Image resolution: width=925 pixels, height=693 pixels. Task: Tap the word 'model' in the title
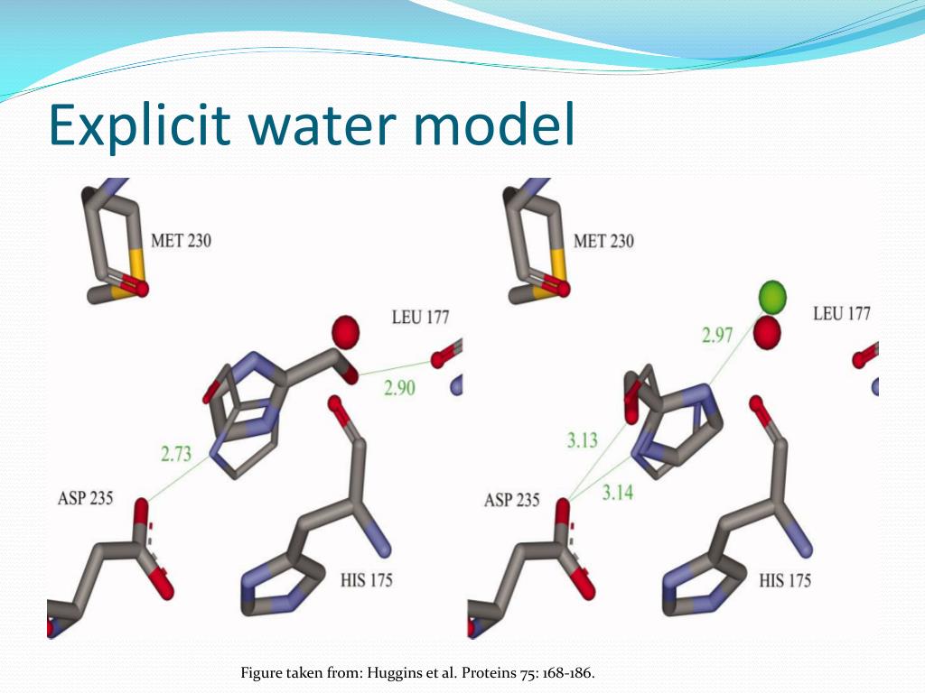[x=494, y=125]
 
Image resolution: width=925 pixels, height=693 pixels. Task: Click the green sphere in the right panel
[x=772, y=297]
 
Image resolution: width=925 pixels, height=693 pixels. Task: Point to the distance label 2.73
[x=177, y=454]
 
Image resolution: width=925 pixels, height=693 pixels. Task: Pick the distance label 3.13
[x=583, y=441]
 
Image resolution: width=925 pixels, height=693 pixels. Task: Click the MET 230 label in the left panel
[x=182, y=241]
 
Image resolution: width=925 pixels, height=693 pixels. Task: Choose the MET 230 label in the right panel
[x=604, y=241]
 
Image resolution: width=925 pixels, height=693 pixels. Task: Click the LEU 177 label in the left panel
[x=420, y=318]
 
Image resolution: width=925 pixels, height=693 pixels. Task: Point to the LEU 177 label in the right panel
[x=842, y=314]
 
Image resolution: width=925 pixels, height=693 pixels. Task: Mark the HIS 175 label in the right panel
[x=785, y=579]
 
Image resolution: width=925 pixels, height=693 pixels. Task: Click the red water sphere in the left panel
[x=345, y=332]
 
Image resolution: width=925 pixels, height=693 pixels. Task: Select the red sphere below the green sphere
[x=767, y=334]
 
